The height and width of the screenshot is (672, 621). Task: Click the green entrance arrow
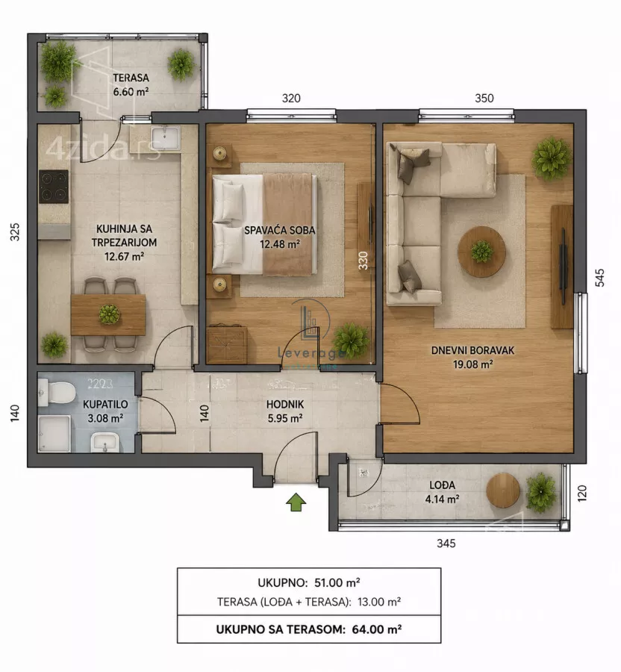click(x=296, y=502)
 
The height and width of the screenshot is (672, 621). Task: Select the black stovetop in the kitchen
click(x=54, y=187)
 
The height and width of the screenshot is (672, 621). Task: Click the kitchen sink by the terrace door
click(x=166, y=137)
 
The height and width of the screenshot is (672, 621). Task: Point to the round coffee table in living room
click(x=481, y=252)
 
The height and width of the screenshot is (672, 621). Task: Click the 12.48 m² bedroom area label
click(x=280, y=244)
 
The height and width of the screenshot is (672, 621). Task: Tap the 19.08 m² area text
click(x=472, y=364)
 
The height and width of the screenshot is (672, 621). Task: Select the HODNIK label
click(x=285, y=404)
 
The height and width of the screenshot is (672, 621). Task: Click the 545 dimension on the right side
click(x=600, y=277)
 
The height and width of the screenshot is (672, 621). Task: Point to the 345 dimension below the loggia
click(x=446, y=544)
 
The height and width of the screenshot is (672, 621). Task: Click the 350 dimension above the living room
click(x=484, y=98)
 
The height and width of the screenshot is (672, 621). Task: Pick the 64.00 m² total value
click(x=377, y=629)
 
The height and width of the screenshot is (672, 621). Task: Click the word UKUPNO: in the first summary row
click(x=283, y=583)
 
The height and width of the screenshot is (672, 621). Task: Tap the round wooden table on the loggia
click(x=503, y=491)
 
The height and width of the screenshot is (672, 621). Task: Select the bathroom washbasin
click(x=105, y=442)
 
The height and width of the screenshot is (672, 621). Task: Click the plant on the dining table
click(x=109, y=314)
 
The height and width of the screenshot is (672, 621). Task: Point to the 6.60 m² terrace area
click(x=131, y=92)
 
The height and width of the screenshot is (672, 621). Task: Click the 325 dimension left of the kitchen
click(x=15, y=232)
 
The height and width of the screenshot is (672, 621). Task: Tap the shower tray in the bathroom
click(x=54, y=433)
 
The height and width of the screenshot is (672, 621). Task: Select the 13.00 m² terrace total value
click(x=379, y=602)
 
